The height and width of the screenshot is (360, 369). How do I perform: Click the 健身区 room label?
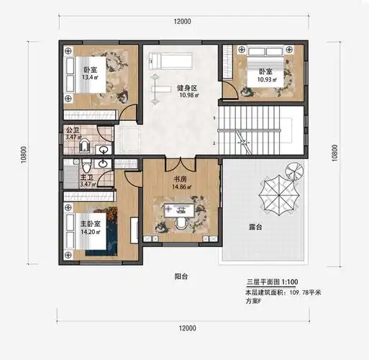coord(187,88)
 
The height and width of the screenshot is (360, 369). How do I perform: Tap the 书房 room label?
coord(181,179)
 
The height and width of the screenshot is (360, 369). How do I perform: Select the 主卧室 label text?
coord(91,224)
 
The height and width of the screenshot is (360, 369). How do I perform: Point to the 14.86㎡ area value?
coord(181,187)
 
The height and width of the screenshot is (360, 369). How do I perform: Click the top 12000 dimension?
coord(183,22)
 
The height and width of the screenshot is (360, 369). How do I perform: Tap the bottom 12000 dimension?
coord(186,328)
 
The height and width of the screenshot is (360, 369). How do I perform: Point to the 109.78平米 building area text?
coord(305,294)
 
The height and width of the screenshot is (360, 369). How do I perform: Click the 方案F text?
coord(255,303)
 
